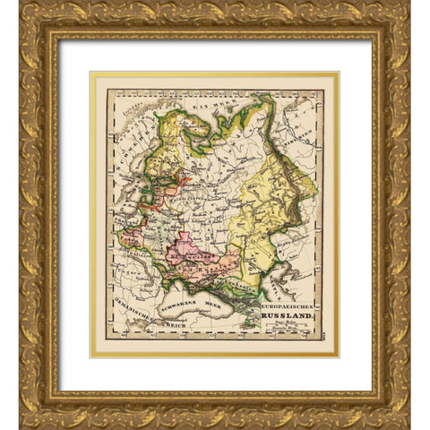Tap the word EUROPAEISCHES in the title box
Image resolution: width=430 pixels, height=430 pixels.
(288, 305)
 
